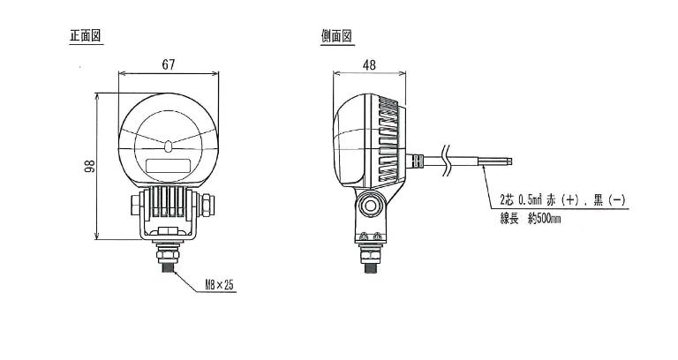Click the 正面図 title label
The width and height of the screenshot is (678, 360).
click(x=86, y=36)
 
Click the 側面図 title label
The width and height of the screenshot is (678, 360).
click(x=336, y=36)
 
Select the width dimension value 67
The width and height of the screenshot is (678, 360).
click(x=169, y=64)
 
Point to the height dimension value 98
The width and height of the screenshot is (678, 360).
click(x=89, y=166)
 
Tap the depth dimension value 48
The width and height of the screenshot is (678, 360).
click(x=369, y=64)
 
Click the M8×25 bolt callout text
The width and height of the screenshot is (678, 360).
click(x=219, y=284)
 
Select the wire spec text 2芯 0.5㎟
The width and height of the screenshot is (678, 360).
click(x=524, y=199)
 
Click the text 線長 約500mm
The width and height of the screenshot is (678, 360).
click(x=530, y=219)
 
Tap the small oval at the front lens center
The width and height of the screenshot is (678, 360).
click(x=169, y=146)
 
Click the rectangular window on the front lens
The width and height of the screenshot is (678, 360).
click(x=169, y=166)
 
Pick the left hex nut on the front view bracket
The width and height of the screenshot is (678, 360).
click(x=135, y=205)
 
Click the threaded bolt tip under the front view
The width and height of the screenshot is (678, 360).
click(x=168, y=266)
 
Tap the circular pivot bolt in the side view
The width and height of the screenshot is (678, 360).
click(x=370, y=206)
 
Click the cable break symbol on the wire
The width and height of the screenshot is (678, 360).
click(x=446, y=161)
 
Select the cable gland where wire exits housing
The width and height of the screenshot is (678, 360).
click(x=414, y=161)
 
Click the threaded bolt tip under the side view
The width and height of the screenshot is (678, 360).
click(x=370, y=267)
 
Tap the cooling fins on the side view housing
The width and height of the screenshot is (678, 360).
click(x=388, y=139)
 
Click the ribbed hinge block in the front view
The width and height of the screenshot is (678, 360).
click(x=169, y=202)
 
